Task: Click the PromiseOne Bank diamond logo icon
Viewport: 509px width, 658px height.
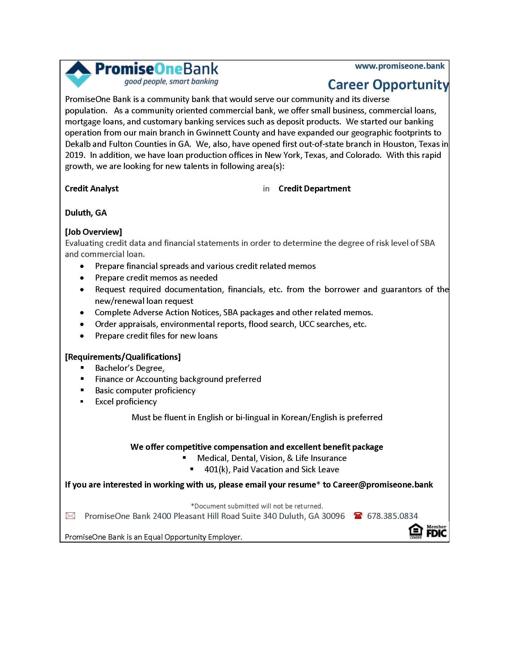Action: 78,74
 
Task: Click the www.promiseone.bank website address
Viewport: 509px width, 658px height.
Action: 399,66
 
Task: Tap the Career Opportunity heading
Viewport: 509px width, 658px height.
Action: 388,85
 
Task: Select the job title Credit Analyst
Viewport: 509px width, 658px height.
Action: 92,189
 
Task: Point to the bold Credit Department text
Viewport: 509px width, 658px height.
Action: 314,189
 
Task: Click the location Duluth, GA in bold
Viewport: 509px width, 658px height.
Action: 86,213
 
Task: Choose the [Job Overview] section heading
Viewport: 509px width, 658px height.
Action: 93,232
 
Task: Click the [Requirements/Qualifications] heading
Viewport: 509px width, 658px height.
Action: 123,357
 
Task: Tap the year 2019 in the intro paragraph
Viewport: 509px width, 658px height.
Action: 74,155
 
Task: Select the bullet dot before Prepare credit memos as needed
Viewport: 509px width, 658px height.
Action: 82,278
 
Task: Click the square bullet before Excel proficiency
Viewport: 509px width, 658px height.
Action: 82,402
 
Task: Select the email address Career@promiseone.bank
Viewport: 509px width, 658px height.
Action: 383,485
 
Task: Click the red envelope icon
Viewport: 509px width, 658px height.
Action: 70,516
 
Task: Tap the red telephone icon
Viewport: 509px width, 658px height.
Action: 358,516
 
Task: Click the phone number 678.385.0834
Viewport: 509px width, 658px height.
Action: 392,516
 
